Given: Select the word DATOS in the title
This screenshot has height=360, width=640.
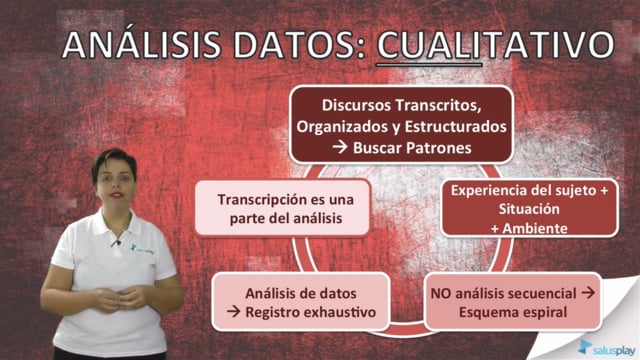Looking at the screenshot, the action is [x=299, y=44].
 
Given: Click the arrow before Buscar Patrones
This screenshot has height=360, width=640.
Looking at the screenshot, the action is [x=340, y=147].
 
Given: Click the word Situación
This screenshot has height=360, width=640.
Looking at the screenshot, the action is [x=529, y=209].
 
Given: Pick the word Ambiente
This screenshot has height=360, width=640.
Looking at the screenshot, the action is [x=535, y=228].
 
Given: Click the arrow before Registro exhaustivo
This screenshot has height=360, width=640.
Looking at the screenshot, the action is [x=234, y=312].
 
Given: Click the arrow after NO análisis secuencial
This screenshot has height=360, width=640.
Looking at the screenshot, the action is [x=588, y=293].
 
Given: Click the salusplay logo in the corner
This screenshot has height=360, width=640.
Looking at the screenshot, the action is [x=607, y=348].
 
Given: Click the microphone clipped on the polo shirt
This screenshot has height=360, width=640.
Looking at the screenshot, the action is [x=116, y=243].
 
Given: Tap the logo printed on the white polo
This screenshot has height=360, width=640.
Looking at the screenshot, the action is [x=142, y=249].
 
